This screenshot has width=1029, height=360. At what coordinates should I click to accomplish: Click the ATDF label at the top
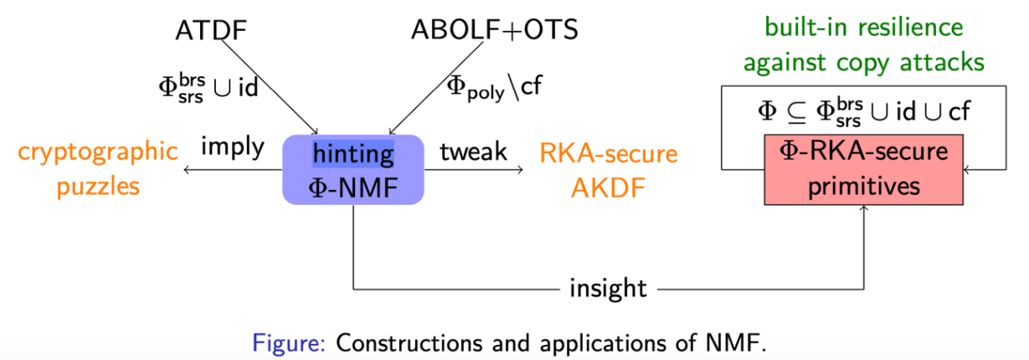[x=211, y=30]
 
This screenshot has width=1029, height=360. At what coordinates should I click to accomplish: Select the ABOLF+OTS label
[x=494, y=30]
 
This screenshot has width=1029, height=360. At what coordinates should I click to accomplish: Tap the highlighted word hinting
[x=352, y=154]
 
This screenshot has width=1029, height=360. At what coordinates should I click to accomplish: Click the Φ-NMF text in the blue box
[x=352, y=188]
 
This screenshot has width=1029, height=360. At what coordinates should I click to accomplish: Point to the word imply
[x=233, y=148]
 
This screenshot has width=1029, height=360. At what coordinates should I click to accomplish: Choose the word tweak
[x=473, y=152]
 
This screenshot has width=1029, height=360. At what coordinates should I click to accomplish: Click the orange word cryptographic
[x=98, y=152]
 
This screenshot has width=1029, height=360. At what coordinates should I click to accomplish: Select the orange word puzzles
[x=98, y=187]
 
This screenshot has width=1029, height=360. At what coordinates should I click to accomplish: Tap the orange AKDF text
[x=608, y=188]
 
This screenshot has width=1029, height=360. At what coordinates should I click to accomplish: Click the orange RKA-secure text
[x=608, y=153]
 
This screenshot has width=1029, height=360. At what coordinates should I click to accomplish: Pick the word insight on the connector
[x=608, y=289]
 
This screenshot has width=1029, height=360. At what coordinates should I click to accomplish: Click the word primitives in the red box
[x=863, y=187]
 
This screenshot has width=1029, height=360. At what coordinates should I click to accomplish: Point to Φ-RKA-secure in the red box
[x=863, y=152]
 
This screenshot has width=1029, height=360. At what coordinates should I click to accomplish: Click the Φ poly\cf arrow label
[x=494, y=88]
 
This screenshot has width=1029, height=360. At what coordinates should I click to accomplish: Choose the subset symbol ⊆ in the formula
[x=796, y=113]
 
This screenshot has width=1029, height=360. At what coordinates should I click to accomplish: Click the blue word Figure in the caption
[x=289, y=342]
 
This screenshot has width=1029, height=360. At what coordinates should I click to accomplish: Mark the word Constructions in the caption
[x=409, y=342]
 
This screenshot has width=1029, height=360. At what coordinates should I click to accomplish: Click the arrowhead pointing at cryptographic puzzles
[x=186, y=170]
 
